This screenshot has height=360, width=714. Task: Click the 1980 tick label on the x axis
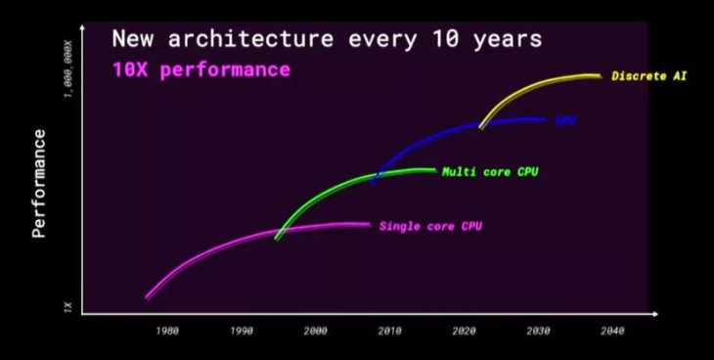click(167, 331)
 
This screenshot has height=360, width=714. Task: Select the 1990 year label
click(242, 331)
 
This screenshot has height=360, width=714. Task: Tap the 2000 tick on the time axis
click(315, 331)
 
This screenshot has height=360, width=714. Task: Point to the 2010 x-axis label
click(389, 331)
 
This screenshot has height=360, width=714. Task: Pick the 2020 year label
click(464, 331)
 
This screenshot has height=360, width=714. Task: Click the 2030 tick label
click(538, 331)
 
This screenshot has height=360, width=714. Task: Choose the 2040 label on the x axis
click(612, 331)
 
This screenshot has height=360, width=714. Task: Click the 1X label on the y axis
click(67, 307)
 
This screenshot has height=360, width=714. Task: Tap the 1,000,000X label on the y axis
click(67, 69)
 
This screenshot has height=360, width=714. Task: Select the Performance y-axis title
click(39, 183)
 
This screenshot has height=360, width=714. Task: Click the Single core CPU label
click(430, 226)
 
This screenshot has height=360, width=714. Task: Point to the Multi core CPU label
click(490, 172)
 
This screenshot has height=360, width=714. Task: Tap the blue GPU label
click(565, 120)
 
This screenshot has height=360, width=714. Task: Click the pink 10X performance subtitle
click(201, 70)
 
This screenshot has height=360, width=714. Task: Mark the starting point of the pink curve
click(147, 296)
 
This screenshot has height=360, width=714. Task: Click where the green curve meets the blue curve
click(377, 177)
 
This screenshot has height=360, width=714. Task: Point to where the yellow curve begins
click(480, 125)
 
